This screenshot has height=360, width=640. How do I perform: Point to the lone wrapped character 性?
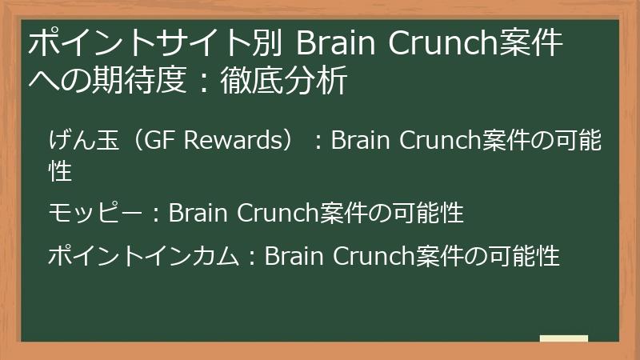[61, 170]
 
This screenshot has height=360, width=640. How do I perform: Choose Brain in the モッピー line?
[198, 213]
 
